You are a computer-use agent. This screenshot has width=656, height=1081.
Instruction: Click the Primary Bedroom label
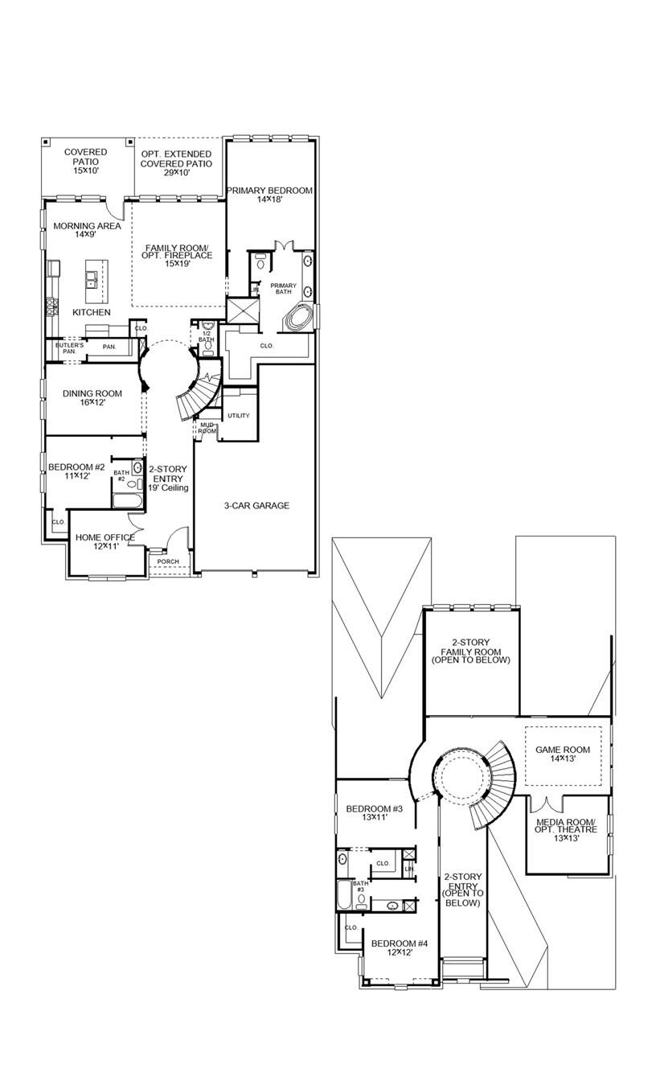pyautogui.click(x=269, y=195)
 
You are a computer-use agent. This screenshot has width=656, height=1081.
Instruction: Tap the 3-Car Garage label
pyautogui.click(x=256, y=506)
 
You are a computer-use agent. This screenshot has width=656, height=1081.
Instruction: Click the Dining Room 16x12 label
pyautogui.click(x=92, y=397)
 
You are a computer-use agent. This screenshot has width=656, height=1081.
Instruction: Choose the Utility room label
pyautogui.click(x=239, y=416)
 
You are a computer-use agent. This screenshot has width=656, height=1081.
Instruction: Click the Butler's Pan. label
pyautogui.click(x=69, y=348)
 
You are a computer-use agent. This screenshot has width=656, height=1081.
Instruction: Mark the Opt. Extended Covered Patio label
pyautogui.click(x=176, y=158)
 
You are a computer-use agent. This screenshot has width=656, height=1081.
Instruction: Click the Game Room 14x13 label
pyautogui.click(x=563, y=754)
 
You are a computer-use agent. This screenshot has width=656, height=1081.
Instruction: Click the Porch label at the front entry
pyautogui.click(x=168, y=562)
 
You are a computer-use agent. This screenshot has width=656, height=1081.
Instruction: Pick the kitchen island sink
pyautogui.click(x=93, y=280)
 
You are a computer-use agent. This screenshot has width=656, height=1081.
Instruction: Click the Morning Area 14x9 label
pyautogui.click(x=88, y=230)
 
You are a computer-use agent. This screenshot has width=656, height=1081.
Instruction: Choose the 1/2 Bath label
pyautogui.click(x=207, y=336)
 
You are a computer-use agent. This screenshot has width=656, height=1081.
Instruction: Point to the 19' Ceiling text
pyautogui.click(x=168, y=488)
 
